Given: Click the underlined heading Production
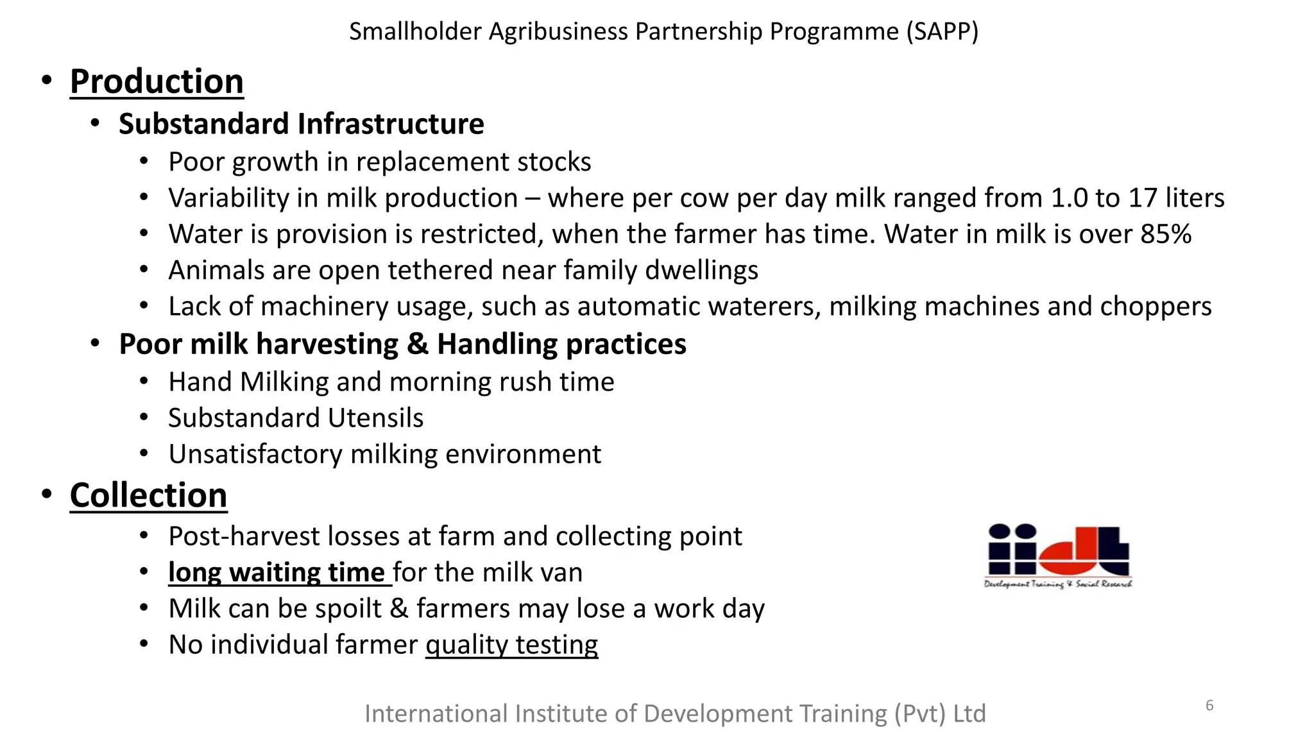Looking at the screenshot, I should (157, 81).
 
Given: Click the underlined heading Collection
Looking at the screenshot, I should (148, 495).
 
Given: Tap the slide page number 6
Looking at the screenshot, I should (1209, 706).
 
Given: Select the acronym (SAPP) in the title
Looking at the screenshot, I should (942, 31).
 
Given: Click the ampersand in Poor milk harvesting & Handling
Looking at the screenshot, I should (417, 344).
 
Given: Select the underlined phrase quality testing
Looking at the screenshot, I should (511, 645).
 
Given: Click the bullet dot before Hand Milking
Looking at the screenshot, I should (144, 382).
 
